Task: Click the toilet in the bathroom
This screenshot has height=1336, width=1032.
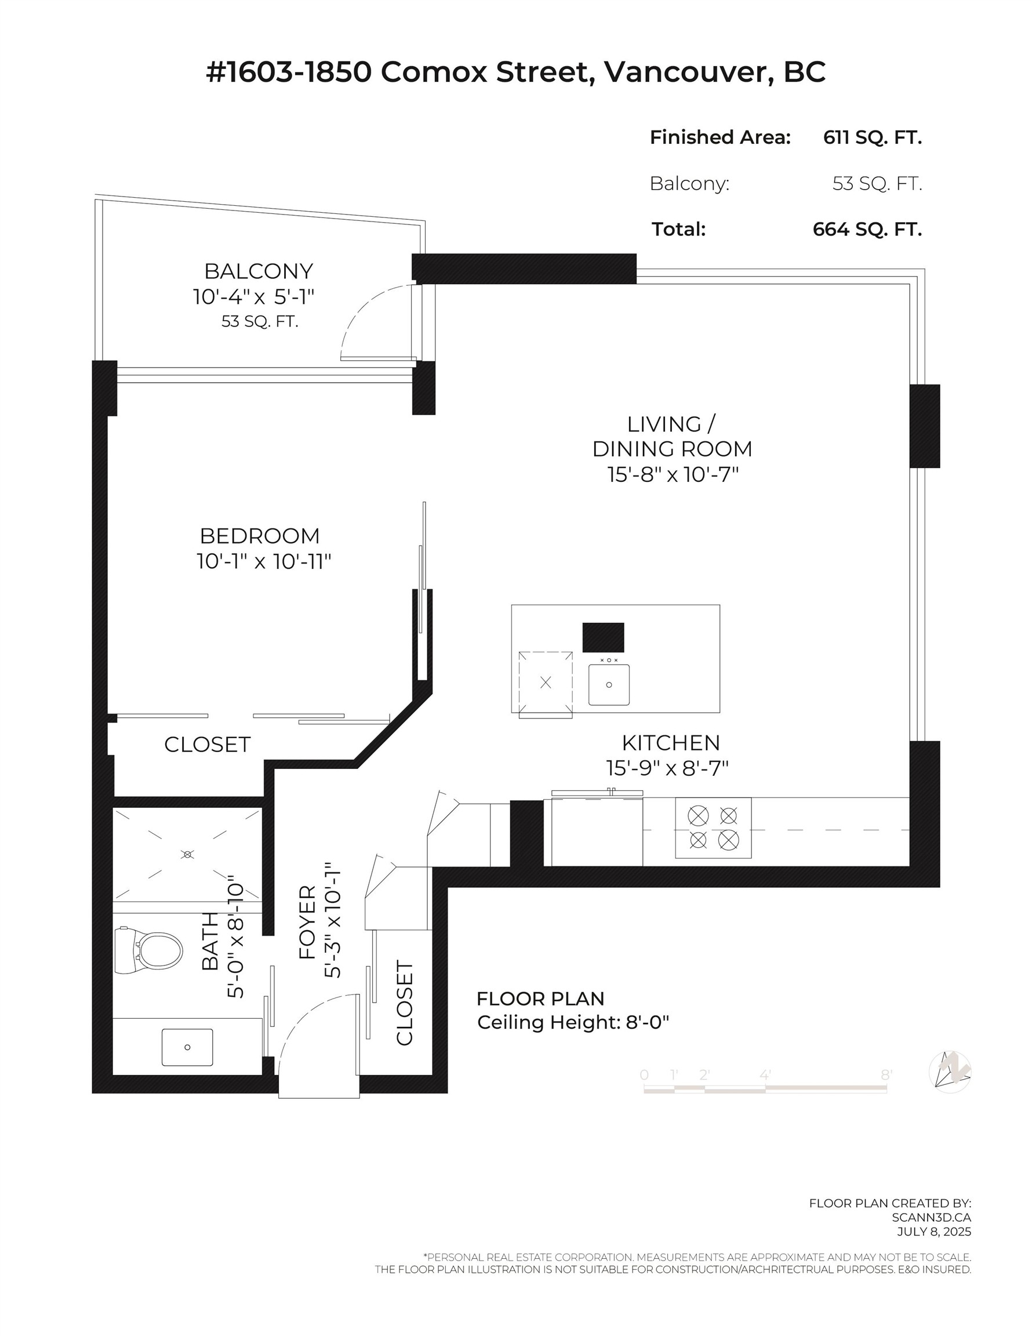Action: pos(150,951)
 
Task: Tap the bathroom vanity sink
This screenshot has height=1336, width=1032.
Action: pos(187,1047)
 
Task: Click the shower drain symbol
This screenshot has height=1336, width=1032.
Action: pos(188,854)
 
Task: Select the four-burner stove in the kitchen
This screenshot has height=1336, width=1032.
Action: pos(713,828)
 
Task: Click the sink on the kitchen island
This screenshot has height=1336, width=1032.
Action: pos(609,684)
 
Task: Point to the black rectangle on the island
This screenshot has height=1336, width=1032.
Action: pos(603,637)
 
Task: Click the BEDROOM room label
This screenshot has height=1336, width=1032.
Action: pos(259,536)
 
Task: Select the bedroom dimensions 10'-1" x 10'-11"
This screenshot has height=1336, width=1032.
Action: pos(264,561)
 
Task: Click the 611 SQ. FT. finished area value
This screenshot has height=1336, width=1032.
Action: pos(872,137)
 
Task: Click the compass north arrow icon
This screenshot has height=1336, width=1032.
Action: pos(950,1071)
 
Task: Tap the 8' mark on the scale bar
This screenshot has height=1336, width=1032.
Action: pos(886,1075)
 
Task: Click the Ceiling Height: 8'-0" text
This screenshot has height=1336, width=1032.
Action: pos(573,1022)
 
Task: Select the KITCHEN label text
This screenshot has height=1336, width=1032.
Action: pos(670,743)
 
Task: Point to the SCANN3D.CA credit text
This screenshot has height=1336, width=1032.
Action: pos(931,1218)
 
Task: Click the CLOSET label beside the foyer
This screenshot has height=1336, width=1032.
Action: pos(405,1003)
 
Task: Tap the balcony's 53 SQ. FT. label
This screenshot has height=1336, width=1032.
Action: pos(259,322)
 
